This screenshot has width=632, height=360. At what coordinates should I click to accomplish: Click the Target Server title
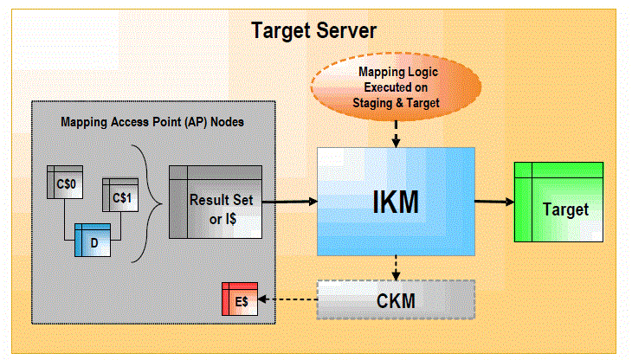[313, 30]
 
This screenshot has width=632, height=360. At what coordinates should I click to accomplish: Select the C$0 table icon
[65, 182]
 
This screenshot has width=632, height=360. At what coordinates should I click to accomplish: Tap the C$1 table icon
[120, 195]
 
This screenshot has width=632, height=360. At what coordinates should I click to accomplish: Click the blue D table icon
[93, 240]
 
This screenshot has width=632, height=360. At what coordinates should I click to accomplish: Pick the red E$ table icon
[240, 299]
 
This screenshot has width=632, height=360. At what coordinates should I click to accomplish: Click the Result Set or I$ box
[216, 202]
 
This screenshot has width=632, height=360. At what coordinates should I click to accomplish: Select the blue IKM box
[396, 202]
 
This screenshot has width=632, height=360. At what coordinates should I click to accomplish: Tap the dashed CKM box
[396, 300]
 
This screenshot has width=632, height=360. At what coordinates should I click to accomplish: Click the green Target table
[558, 202]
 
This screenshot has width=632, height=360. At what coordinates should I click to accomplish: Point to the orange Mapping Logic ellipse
[397, 87]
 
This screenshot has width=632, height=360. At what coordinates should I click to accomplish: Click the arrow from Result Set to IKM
[290, 202]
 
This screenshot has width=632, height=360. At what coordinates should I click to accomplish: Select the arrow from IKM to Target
[494, 202]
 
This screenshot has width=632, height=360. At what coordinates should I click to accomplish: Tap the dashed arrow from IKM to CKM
[396, 268]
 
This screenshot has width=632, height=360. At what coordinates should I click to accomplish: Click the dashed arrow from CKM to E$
[287, 299]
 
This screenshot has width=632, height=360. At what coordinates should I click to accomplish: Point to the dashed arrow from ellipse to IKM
[396, 134]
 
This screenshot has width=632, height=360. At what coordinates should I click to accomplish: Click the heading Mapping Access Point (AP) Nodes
[152, 122]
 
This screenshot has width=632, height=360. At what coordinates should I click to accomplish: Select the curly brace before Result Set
[147, 203]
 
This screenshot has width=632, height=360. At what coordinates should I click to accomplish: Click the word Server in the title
[346, 30]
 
